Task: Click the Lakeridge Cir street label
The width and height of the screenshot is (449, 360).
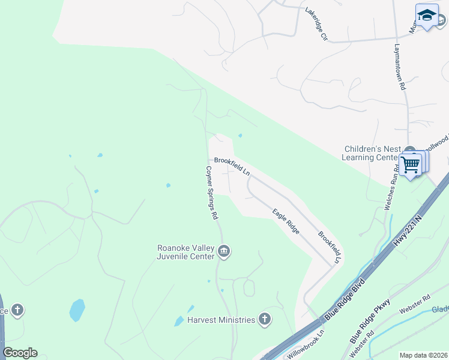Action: click(x=316, y=24)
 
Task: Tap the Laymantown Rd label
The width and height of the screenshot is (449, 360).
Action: click(x=400, y=67)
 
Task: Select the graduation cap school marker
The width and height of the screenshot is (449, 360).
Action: click(x=427, y=16)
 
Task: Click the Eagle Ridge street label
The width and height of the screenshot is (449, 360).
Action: click(x=286, y=221)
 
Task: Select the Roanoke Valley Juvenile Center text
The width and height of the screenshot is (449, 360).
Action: click(x=185, y=251)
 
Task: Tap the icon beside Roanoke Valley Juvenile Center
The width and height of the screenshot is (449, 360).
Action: click(x=224, y=251)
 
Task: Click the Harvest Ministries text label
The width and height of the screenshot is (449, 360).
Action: click(x=221, y=320)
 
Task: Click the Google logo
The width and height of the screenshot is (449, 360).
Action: click(x=20, y=352)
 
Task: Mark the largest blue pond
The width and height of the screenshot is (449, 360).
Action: click(x=77, y=310)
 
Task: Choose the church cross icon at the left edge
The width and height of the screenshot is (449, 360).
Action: click(x=17, y=310)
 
